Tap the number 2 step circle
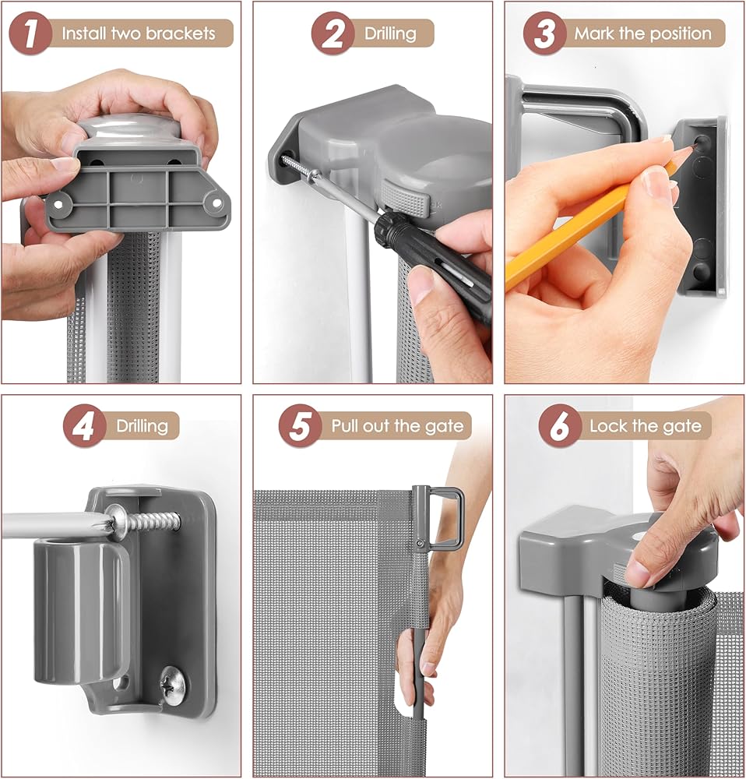pos(333,33)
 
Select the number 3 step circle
pos(545,33)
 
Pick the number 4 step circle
pos(84,426)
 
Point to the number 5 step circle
pos(300,426)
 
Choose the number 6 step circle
pos(560,426)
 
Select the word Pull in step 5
pos(345,426)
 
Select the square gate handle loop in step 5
pos(445,518)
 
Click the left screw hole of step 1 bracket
pos(58,203)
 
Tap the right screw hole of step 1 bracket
pos(217,203)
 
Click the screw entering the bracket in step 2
pos(301,169)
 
